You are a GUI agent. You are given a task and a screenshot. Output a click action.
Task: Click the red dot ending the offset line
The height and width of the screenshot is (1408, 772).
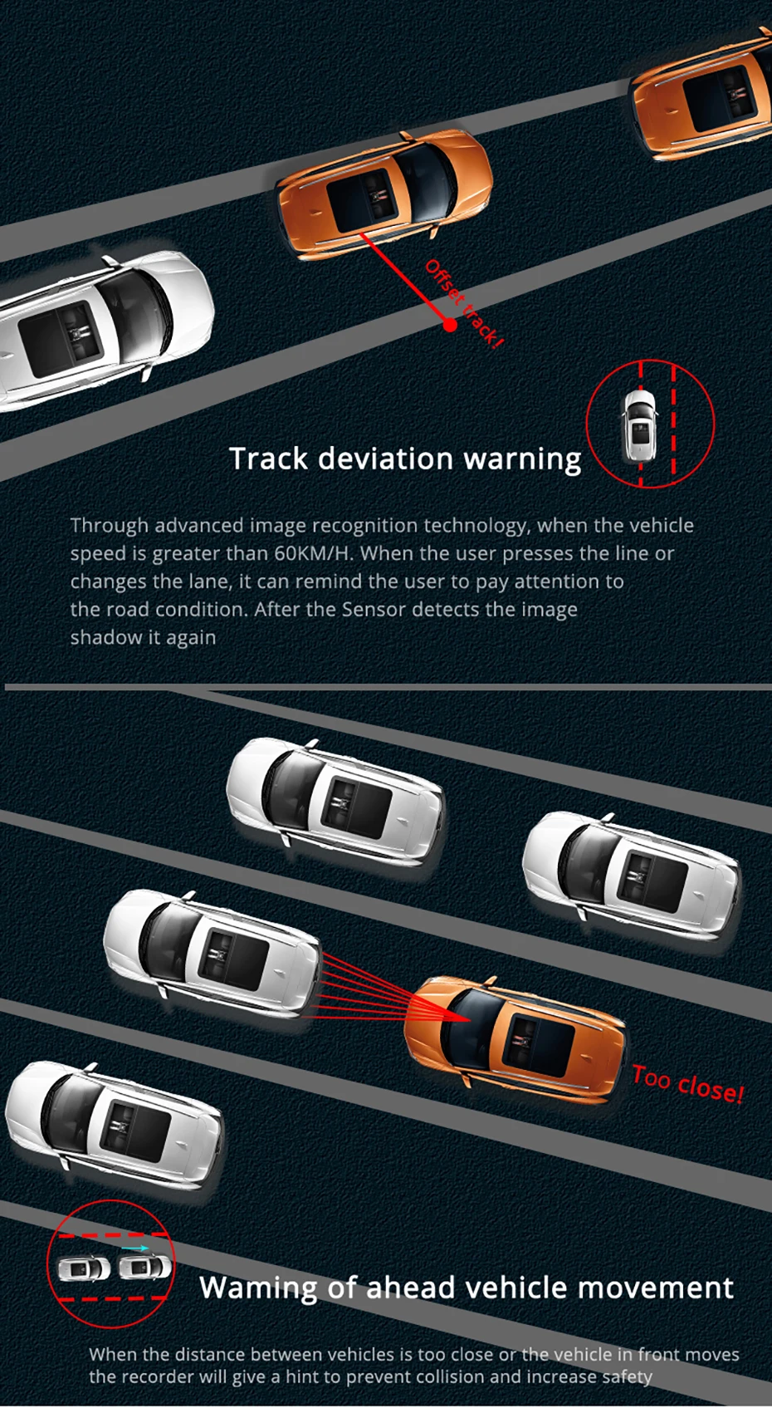(450, 325)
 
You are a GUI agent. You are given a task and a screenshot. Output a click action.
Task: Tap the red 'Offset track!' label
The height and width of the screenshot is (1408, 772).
(465, 303)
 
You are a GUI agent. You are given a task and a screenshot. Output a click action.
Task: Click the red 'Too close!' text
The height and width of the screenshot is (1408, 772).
(687, 1084)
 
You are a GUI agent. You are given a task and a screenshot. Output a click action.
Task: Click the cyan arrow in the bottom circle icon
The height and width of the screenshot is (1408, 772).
(135, 1248)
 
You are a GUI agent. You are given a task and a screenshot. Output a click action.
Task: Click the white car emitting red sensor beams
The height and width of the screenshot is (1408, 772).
(212, 951)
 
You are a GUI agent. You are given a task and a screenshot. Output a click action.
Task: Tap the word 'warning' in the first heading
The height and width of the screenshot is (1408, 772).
(522, 459)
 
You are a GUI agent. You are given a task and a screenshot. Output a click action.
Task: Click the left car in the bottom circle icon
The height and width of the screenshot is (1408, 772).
(83, 1269)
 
